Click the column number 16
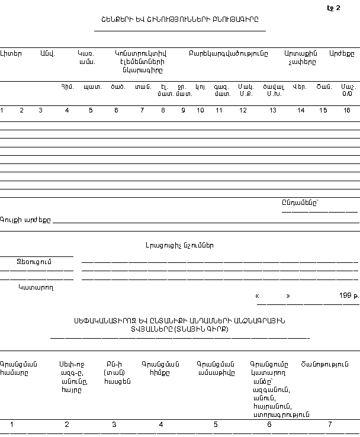click(347, 110)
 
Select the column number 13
click(273, 110)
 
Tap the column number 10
click(200, 110)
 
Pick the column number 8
click(163, 110)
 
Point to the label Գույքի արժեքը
click(25, 220)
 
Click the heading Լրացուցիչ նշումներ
click(180, 245)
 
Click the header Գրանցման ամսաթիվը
click(216, 368)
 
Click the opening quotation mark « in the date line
click(257, 295)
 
